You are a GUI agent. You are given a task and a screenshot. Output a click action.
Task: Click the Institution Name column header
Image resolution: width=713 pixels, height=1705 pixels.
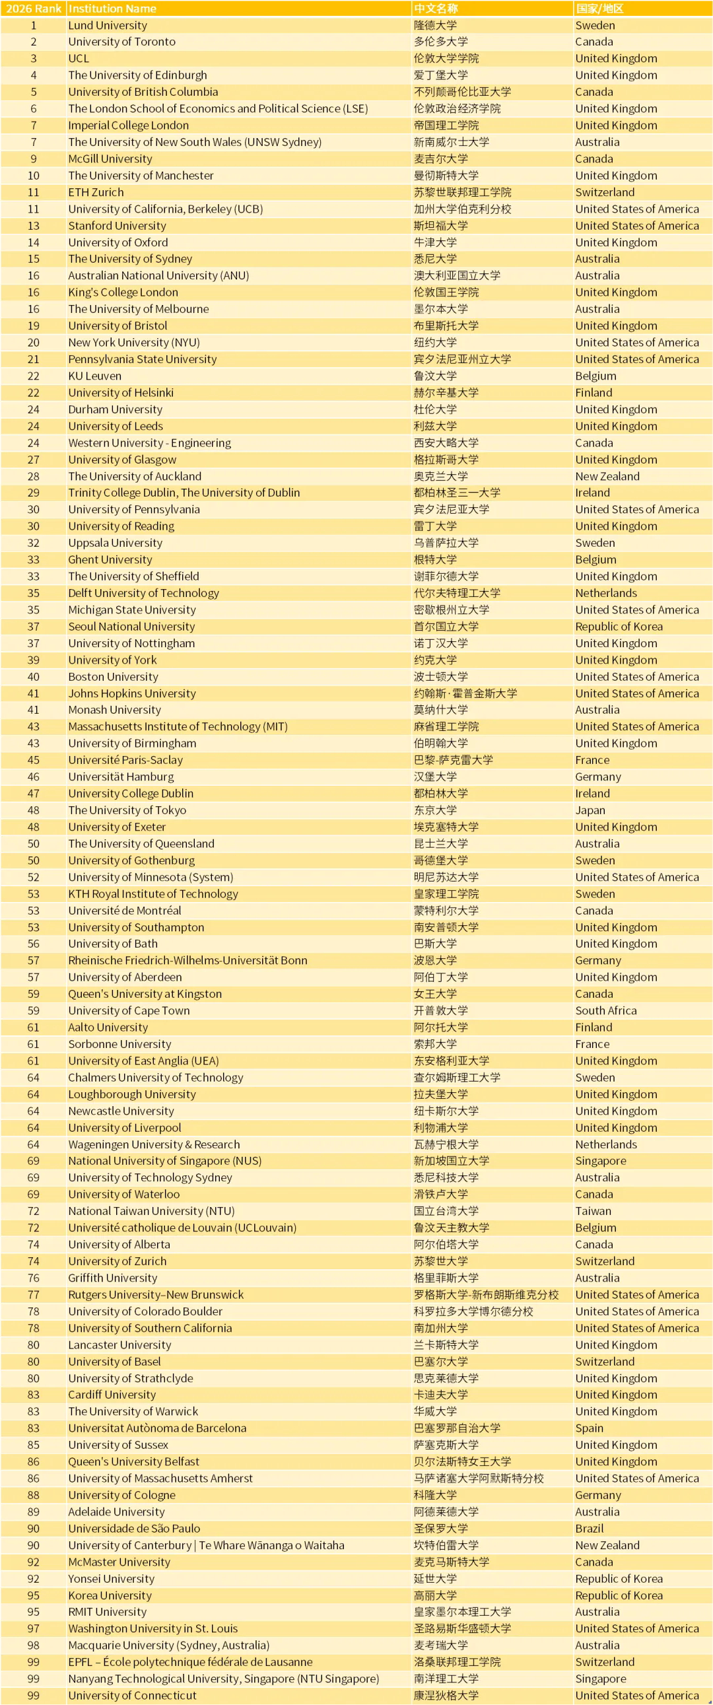coord(112,9)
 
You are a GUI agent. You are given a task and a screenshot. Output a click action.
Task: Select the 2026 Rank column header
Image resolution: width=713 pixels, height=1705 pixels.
coord(33,9)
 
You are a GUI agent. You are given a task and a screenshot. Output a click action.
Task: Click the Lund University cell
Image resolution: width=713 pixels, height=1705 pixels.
coord(108,25)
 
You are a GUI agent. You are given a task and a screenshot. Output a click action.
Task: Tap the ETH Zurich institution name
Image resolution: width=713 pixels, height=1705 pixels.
coord(96,192)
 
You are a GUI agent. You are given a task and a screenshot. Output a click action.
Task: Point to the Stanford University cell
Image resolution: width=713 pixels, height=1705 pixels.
coord(117,226)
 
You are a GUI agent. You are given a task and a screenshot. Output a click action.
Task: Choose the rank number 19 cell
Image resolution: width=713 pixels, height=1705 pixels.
coord(33,326)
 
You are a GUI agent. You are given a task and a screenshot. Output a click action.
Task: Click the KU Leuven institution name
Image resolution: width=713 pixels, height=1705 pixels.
coord(94,376)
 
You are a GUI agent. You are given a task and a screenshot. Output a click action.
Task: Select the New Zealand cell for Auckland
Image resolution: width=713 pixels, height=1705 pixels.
coord(607,476)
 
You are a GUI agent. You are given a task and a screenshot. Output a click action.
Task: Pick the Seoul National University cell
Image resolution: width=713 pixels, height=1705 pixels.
coord(132,626)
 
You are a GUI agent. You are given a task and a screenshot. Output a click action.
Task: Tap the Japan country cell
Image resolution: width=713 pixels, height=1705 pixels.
coord(590,810)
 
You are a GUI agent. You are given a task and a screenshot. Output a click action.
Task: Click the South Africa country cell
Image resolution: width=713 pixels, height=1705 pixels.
coord(606,1011)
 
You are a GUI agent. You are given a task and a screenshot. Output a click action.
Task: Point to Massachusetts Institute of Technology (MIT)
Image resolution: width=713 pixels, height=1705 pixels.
coord(178,727)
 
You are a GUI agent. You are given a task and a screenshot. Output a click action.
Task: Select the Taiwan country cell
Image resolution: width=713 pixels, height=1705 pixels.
coord(593,1211)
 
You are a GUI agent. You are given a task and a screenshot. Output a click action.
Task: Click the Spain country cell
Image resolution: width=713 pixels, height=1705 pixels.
coord(589,1428)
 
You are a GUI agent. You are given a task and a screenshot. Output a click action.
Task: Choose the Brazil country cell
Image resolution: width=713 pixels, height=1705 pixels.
coord(589,1528)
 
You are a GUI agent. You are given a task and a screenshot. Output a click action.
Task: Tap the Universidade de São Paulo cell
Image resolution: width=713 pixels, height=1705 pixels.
coord(135,1528)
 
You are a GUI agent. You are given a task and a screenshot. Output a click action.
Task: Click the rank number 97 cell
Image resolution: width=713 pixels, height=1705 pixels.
coord(33,1628)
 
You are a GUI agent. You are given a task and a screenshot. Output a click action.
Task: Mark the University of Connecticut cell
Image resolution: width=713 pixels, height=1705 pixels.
coord(133,1695)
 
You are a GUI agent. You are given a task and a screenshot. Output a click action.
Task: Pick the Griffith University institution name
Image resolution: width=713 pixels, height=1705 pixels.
coord(112,1278)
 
